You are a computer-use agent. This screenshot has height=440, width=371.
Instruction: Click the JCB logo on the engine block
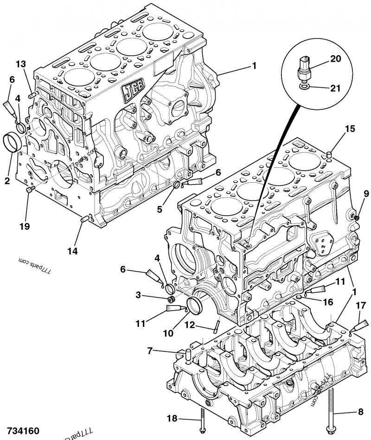coord(133,91)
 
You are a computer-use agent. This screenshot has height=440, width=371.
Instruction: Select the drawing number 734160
coord(23,430)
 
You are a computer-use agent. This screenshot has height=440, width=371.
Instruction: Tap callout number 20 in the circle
coord(336,59)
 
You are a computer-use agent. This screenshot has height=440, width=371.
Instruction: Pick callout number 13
coord(21,64)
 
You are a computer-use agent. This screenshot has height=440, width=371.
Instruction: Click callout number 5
coord(160,209)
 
